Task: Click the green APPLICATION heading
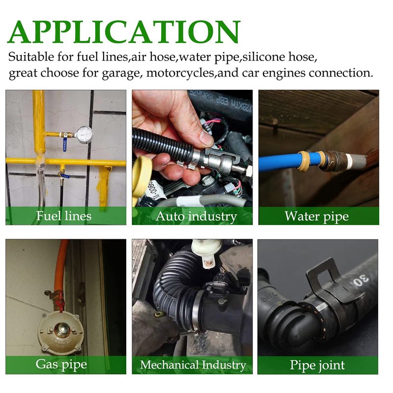click(124, 32)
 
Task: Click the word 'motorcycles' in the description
click(180, 73)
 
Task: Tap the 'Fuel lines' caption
click(64, 216)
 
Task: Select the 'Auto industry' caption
click(196, 216)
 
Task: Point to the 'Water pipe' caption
click(316, 216)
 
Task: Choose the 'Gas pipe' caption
click(61, 365)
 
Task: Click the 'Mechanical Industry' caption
click(193, 365)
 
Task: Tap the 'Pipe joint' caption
click(317, 365)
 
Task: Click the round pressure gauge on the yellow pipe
click(84, 135)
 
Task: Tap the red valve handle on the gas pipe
click(60, 303)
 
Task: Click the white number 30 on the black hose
click(361, 280)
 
